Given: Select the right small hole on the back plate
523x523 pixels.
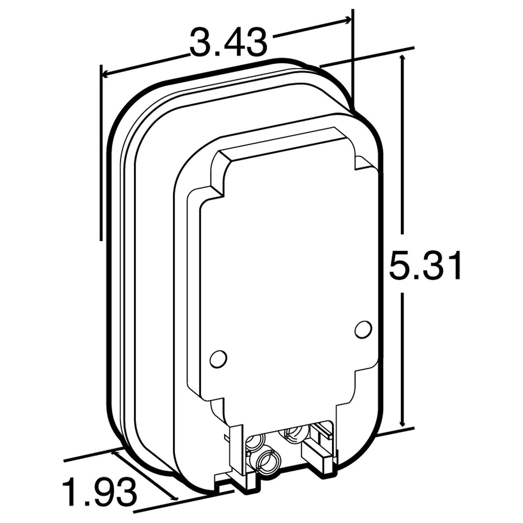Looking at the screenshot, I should click(x=363, y=329).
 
